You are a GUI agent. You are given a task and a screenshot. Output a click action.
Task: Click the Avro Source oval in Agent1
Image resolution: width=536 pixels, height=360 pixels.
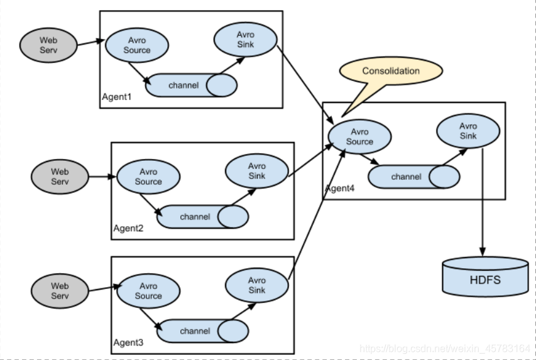136,45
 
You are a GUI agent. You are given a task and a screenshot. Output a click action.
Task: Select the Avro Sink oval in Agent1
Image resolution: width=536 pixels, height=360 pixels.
245,40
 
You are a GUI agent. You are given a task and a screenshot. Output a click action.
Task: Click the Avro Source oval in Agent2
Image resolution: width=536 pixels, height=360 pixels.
148,177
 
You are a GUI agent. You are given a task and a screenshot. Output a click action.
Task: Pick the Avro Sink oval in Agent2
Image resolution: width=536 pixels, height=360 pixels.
256,171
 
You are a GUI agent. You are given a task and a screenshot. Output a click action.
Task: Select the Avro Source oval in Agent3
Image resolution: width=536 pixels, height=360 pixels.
148,291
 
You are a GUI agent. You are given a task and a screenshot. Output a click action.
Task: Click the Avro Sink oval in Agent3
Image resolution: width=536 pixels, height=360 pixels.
256,285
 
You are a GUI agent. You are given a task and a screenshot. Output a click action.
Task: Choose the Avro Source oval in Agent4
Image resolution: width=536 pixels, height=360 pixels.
359,137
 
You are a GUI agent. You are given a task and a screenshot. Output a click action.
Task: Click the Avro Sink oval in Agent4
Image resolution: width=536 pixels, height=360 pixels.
468,131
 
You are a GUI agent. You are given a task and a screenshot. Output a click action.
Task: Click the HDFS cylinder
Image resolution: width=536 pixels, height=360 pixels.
484,277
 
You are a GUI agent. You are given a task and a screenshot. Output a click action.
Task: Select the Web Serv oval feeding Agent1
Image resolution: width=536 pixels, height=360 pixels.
48,45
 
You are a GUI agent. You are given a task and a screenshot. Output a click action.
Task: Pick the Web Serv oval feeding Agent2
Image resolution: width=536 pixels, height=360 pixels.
60,177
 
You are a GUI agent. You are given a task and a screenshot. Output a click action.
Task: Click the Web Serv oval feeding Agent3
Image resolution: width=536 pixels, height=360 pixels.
60,291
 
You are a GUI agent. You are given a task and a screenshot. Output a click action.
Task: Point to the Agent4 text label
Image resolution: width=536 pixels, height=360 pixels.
340,189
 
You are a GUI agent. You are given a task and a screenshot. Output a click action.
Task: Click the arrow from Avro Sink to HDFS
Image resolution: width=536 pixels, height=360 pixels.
483,201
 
